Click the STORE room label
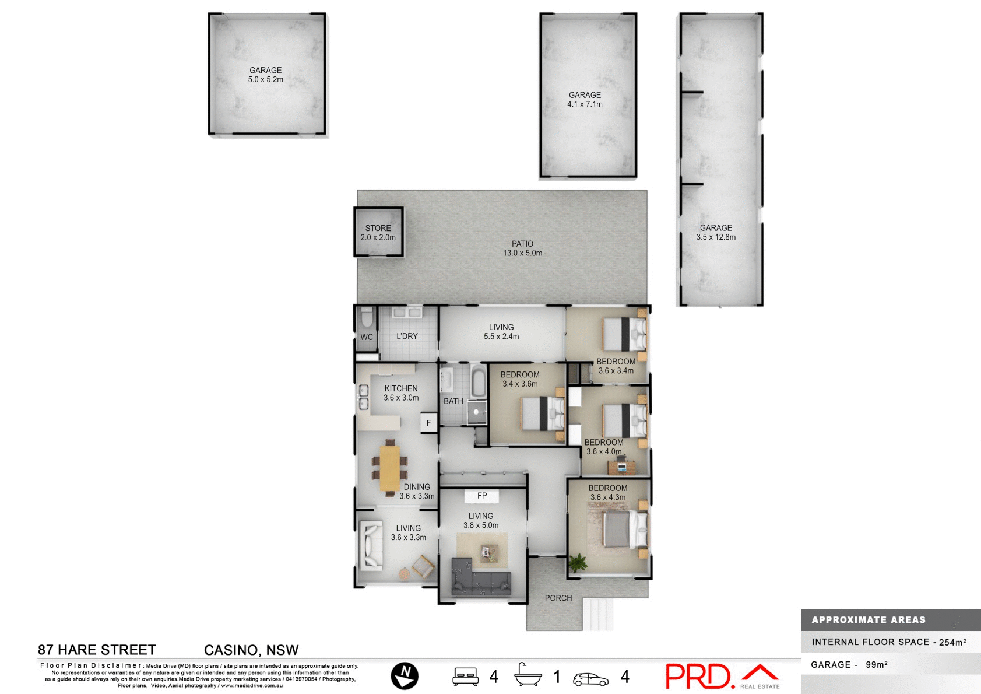point(378,228)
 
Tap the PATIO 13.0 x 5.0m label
point(522,248)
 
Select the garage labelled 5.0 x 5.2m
point(266,75)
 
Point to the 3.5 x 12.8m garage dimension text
point(716,237)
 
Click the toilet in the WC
point(367,318)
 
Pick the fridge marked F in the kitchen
point(428,423)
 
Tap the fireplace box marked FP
point(482,496)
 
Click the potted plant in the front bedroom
point(578,562)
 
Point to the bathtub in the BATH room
point(477,383)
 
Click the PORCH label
point(558,598)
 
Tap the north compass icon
point(405,676)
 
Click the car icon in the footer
point(590,679)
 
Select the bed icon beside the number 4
point(465,677)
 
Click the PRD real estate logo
point(722,677)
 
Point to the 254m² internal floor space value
point(952,642)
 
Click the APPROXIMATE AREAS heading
point(869,620)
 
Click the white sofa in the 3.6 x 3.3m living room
point(370,545)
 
